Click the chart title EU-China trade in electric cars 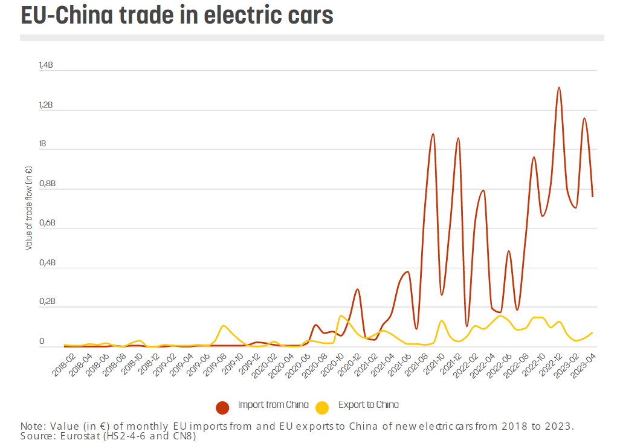pyautogui.click(x=176, y=15)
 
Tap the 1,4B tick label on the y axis pyautogui.click(x=46, y=65)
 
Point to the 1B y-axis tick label pyautogui.click(x=42, y=144)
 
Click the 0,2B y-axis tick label pyautogui.click(x=46, y=302)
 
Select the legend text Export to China pyautogui.click(x=368, y=405)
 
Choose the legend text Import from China pyautogui.click(x=273, y=405)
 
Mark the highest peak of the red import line pyautogui.click(x=559, y=88)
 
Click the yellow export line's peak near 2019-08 pyautogui.click(x=224, y=326)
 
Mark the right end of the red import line pyautogui.click(x=592, y=196)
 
